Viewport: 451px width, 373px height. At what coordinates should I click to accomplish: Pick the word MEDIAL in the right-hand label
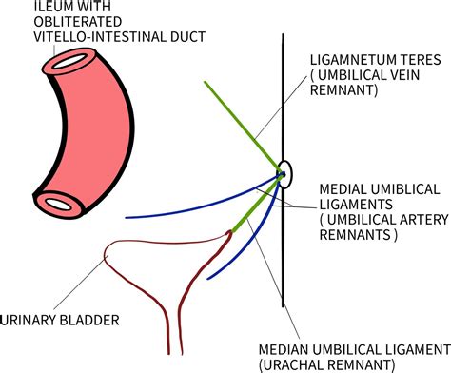coord(343,186)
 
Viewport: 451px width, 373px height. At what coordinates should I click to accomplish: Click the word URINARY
coord(30,320)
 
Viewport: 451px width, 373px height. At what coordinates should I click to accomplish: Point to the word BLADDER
coord(90,320)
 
